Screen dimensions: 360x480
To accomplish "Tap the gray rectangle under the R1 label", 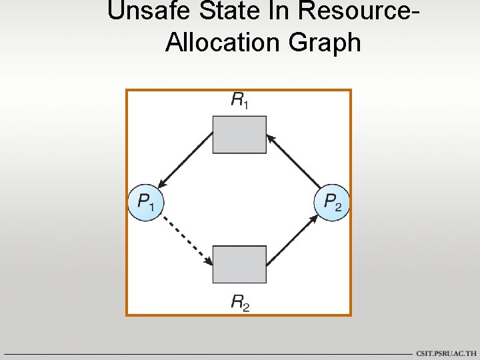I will tap(239, 135).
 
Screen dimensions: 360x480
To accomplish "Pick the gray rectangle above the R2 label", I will tap(239, 264).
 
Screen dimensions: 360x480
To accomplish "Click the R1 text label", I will tap(239, 101).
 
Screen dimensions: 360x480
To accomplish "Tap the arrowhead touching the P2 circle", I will tap(315, 218).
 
